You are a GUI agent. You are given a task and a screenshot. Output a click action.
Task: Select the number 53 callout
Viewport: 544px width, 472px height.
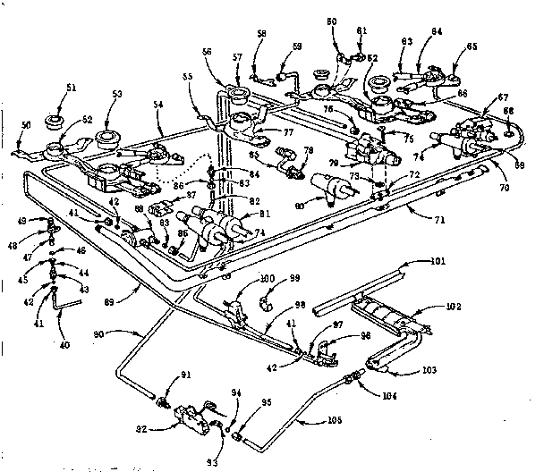click(x=117, y=94)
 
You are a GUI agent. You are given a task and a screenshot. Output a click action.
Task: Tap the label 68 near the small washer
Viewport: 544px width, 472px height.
click(x=510, y=111)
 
